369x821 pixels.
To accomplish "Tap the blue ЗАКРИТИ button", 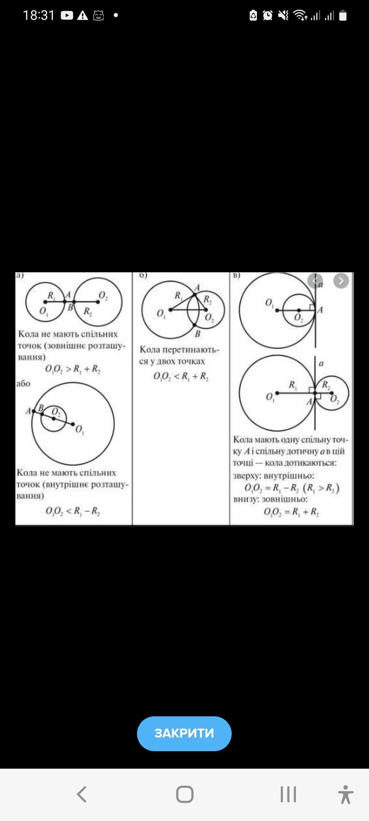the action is (x=184, y=733).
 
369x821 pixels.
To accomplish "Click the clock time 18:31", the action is (x=39, y=15).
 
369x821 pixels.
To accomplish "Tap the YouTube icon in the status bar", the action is (x=67, y=15).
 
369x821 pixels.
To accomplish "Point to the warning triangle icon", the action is (x=83, y=15).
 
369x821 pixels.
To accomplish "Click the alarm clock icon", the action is (x=268, y=15).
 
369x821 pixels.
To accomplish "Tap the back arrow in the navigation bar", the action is (x=82, y=794).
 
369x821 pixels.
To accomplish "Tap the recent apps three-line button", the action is (x=288, y=794).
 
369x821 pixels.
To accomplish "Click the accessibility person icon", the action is (x=345, y=794).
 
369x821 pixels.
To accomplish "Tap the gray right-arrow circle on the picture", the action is (x=341, y=281).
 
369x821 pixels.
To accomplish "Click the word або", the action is (x=23, y=384).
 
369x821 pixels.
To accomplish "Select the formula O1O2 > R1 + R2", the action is (x=73, y=369).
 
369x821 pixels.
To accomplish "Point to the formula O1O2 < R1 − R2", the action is (x=73, y=511).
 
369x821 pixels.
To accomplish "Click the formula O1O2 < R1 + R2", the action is (x=181, y=377).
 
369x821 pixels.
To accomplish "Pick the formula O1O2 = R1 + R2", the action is (x=291, y=512).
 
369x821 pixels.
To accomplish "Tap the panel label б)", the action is (x=143, y=275).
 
